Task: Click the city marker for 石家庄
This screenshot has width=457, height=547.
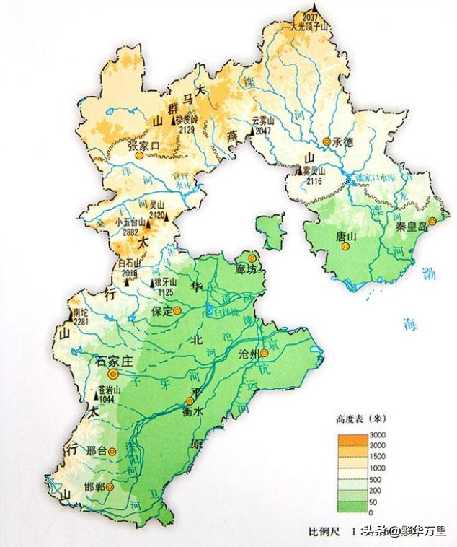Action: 112,375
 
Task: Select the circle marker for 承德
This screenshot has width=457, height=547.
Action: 327,142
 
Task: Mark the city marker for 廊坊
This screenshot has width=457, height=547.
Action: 252,258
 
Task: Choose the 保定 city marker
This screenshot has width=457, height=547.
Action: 177,311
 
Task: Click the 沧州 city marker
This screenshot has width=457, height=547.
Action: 265,353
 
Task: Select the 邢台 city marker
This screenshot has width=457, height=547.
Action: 112,451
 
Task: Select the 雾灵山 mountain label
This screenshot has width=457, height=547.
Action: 314,171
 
